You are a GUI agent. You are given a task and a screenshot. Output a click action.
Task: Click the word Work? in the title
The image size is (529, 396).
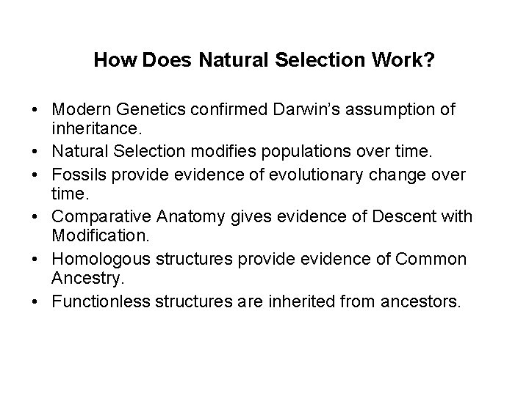[409, 59]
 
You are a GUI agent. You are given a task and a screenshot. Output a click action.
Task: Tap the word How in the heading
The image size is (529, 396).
[112, 59]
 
